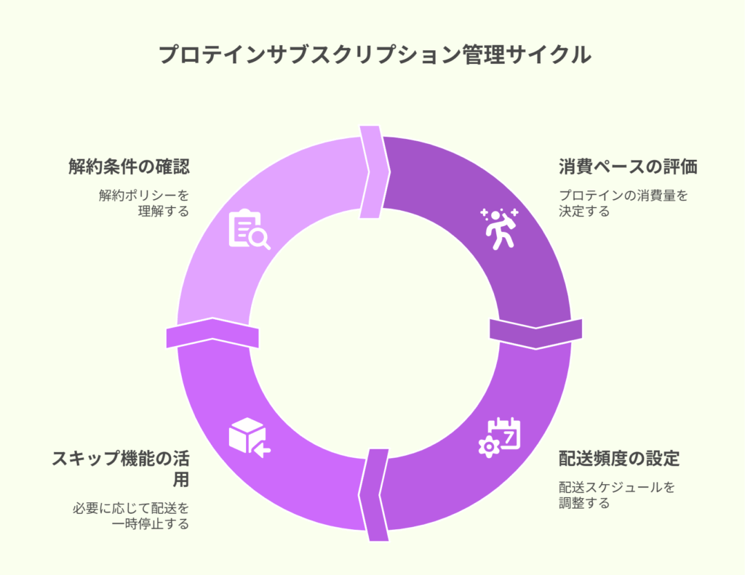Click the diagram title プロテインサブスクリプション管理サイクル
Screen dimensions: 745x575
click(375, 55)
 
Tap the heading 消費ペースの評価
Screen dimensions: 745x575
click(628, 166)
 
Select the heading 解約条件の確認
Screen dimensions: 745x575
click(130, 166)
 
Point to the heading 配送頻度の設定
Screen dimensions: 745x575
click(619, 458)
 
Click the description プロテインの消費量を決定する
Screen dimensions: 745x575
click(623, 203)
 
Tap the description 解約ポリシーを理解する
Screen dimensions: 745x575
click(145, 203)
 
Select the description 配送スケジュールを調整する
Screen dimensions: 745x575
click(616, 494)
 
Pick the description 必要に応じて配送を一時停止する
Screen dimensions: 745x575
click(131, 515)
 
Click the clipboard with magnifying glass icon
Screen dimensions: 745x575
click(250, 229)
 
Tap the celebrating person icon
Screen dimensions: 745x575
click(499, 228)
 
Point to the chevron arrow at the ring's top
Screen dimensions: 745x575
click(375, 172)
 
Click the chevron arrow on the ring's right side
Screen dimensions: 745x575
click(536, 334)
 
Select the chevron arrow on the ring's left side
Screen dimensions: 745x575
click(212, 332)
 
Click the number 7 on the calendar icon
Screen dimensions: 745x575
click(509, 437)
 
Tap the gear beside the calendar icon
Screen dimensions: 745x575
click(489, 447)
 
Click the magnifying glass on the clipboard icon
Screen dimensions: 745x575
click(260, 239)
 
